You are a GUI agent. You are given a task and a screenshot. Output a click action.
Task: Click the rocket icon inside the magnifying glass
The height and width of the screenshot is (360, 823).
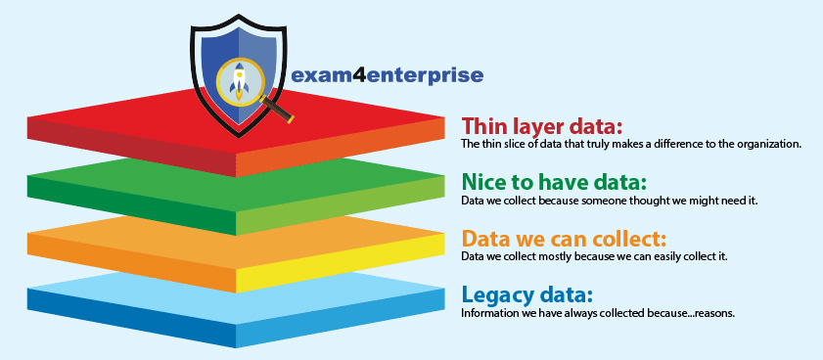coord(240,81)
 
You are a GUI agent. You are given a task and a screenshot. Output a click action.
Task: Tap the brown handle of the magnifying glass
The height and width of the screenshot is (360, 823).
coord(277,111)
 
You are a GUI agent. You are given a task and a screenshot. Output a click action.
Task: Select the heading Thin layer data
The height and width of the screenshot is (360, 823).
coord(542,126)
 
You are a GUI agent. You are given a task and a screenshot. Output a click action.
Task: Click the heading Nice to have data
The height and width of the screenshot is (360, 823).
coord(554,183)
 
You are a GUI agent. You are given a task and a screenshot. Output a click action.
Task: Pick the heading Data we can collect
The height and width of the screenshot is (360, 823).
coord(564,240)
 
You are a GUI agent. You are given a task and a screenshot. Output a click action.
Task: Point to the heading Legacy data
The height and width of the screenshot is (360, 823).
coord(526,295)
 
